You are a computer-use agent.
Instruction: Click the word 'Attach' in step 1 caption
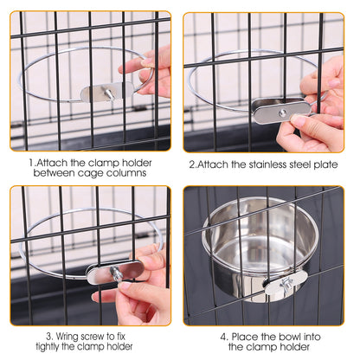[51, 160]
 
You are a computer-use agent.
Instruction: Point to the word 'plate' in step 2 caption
[325, 160]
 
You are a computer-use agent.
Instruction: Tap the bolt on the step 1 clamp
[110, 92]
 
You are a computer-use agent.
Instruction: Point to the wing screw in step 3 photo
[116, 273]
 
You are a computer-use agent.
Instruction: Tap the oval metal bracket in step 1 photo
[106, 91]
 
